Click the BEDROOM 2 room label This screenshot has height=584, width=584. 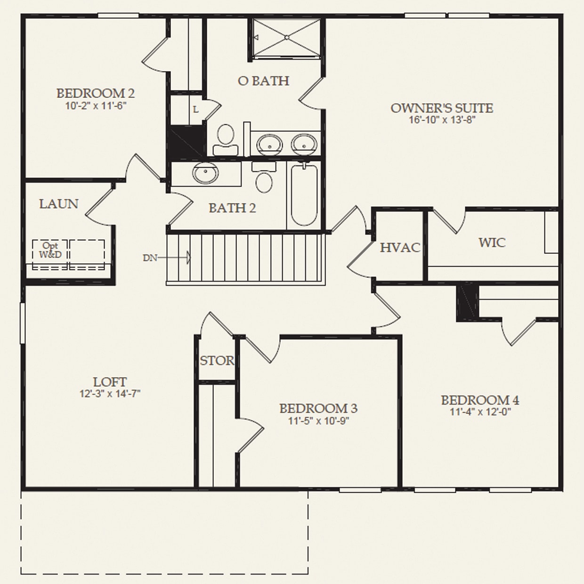click(x=96, y=93)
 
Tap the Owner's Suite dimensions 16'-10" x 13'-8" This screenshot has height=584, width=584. click(x=442, y=120)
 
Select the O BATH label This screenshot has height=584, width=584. click(x=263, y=81)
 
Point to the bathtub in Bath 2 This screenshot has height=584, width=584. click(x=304, y=194)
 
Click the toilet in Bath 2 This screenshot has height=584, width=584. click(x=263, y=178)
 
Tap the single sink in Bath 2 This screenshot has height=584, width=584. click(x=206, y=173)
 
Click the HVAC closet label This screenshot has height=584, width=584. click(x=400, y=247)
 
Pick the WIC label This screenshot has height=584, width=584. click(x=492, y=243)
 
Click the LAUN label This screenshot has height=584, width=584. click(x=59, y=204)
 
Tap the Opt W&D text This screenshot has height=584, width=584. click(x=50, y=250)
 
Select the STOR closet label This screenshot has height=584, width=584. click(x=217, y=361)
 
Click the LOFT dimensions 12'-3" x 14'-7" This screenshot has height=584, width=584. click(x=110, y=393)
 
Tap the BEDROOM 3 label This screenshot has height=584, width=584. click(x=318, y=408)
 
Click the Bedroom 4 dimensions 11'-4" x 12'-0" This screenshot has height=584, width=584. click(x=480, y=412)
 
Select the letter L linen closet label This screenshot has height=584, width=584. click(x=195, y=110)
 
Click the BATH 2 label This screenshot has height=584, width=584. click(x=232, y=208)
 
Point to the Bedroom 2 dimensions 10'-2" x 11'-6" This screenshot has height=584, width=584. click(x=96, y=105)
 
